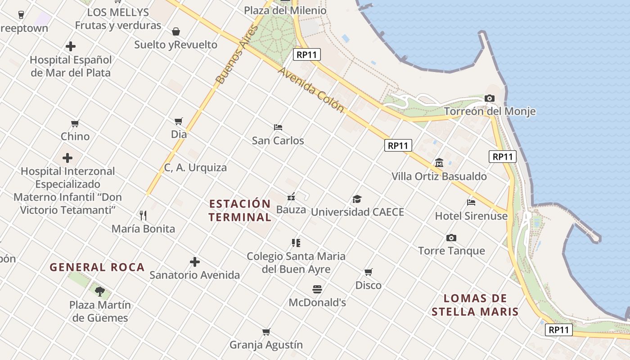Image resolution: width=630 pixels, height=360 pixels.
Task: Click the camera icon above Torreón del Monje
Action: tap(490, 98)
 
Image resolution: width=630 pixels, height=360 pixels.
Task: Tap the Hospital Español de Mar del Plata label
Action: tap(71, 66)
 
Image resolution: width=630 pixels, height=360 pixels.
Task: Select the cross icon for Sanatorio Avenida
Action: tap(194, 262)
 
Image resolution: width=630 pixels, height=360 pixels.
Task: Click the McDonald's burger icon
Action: tap(317, 289)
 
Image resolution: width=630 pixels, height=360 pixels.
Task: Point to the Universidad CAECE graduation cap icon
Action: tap(357, 199)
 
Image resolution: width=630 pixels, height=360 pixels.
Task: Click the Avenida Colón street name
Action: tap(310, 90)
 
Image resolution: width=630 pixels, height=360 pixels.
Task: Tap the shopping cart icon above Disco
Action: tap(368, 272)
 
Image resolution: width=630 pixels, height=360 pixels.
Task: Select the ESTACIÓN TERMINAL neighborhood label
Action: tap(240, 211)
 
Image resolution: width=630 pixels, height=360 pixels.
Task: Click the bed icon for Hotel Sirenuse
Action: tap(471, 202)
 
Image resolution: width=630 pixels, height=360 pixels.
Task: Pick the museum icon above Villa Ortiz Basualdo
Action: tap(439, 162)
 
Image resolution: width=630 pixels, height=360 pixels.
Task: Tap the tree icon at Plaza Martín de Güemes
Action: tap(100, 292)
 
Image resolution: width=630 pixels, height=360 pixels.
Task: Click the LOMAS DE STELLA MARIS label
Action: tap(475, 305)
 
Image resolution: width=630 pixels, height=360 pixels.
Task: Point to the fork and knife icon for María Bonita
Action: tap(143, 215)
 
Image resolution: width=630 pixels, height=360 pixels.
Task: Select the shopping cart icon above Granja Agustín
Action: tap(266, 332)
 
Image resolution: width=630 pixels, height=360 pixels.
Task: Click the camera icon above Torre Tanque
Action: tap(451, 238)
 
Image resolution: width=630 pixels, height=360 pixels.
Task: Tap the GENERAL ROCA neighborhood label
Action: tap(97, 267)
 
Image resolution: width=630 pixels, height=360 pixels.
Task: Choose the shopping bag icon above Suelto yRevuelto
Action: tap(176, 31)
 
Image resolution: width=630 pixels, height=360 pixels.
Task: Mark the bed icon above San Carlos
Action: tap(278, 127)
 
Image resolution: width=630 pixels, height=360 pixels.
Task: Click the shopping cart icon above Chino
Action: tap(75, 123)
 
